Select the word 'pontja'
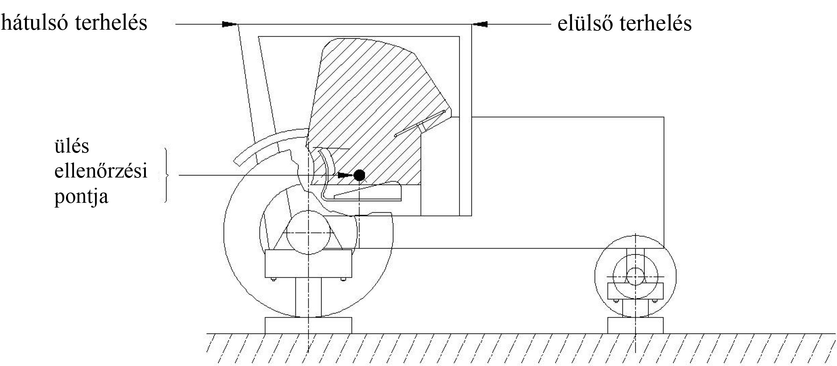tap(81, 197)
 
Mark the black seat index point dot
tap(359, 176)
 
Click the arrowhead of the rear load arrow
tap(229, 24)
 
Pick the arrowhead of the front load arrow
tap(480, 24)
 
